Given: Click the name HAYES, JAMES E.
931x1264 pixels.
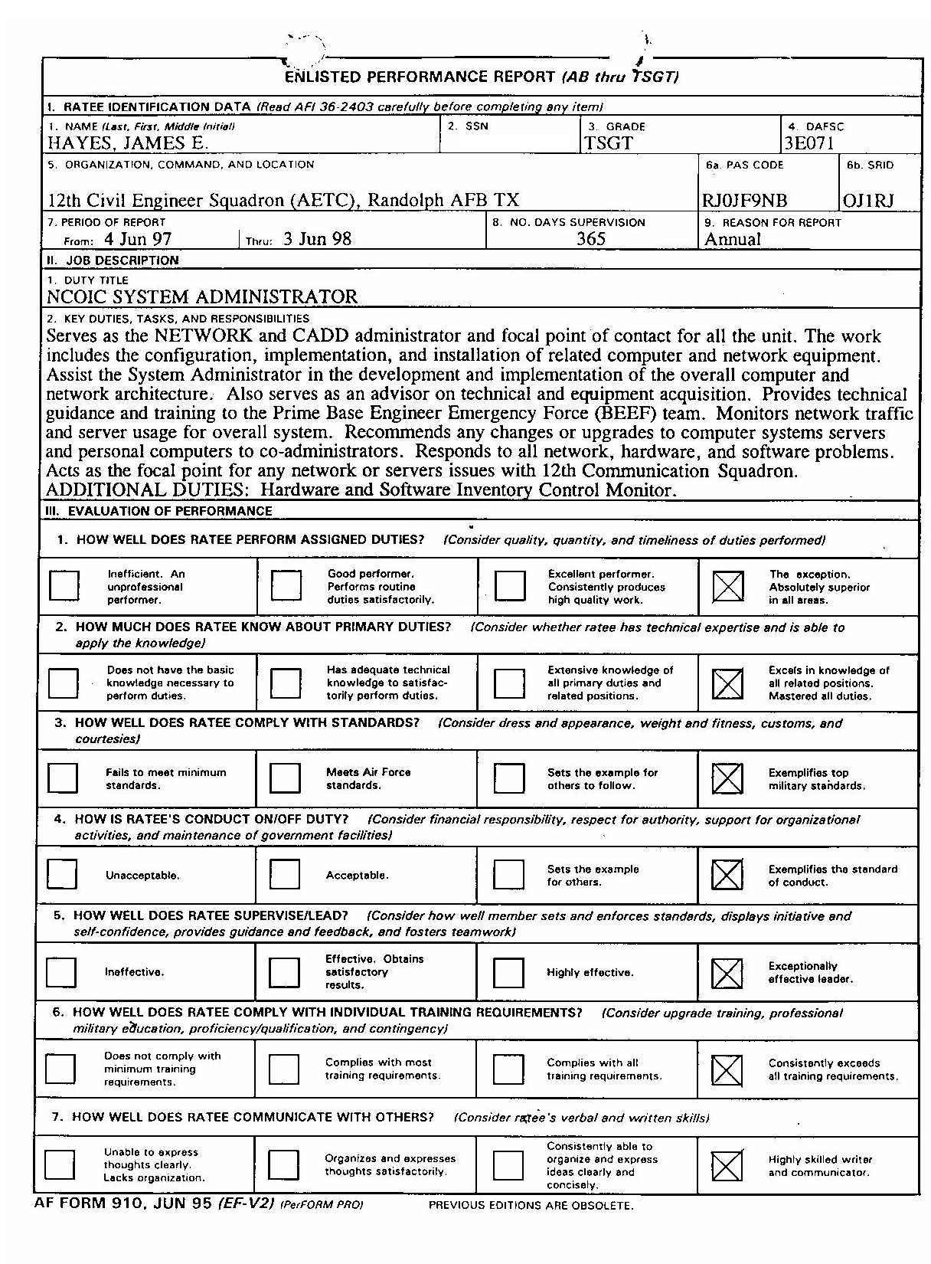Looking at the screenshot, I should [x=128, y=142].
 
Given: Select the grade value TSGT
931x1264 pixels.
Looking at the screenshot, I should [x=609, y=143].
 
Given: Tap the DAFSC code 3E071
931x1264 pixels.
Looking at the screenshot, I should [x=808, y=143].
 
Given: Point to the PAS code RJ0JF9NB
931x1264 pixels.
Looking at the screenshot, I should [x=744, y=201].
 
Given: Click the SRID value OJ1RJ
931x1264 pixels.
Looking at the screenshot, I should [x=868, y=201].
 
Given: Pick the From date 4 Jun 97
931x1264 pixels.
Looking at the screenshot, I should [x=138, y=239].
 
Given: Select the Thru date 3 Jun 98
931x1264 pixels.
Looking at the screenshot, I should [x=317, y=239].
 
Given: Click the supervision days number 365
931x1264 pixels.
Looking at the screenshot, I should [x=591, y=239].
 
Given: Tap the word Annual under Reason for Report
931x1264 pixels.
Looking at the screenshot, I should [x=733, y=239].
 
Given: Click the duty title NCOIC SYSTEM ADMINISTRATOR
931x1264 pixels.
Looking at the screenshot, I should [x=202, y=296].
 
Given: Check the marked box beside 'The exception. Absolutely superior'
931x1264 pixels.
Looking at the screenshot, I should [x=727, y=587].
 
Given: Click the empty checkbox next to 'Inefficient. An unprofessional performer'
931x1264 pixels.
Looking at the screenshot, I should [x=64, y=586].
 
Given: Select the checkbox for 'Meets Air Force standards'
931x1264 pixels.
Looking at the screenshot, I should [x=285, y=778].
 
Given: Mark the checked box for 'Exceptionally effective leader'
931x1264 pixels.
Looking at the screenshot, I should [x=727, y=973].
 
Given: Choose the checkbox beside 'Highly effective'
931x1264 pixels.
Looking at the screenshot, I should [x=508, y=973].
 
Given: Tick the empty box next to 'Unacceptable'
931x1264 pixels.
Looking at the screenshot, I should [x=62, y=875].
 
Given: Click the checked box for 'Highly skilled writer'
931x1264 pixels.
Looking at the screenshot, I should [x=727, y=1166].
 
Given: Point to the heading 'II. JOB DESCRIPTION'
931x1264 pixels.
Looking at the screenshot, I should [x=113, y=260].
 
